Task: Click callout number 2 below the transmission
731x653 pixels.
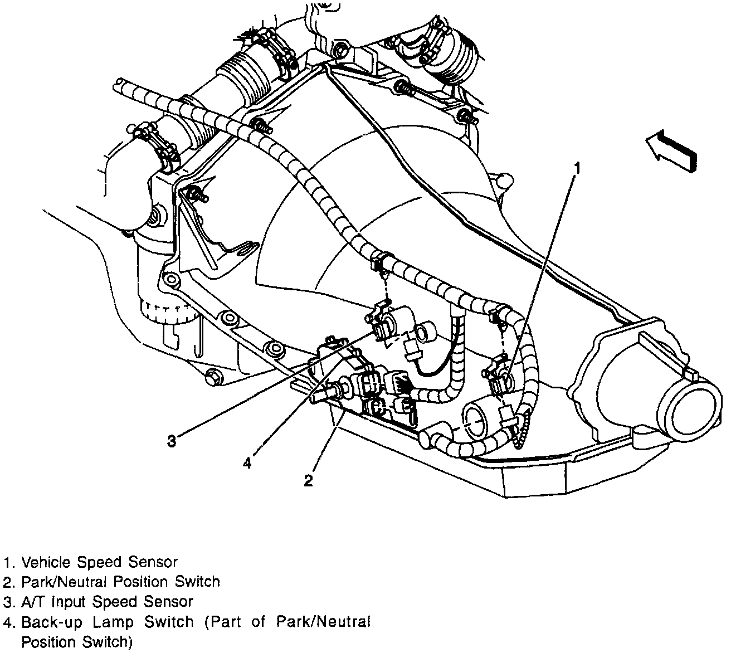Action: coord(308,480)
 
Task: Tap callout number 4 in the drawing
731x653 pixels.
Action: coord(247,462)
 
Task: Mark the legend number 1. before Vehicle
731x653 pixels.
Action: coord(8,562)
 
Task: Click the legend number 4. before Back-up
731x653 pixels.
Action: coord(8,622)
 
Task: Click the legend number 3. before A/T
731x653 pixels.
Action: coord(8,602)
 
